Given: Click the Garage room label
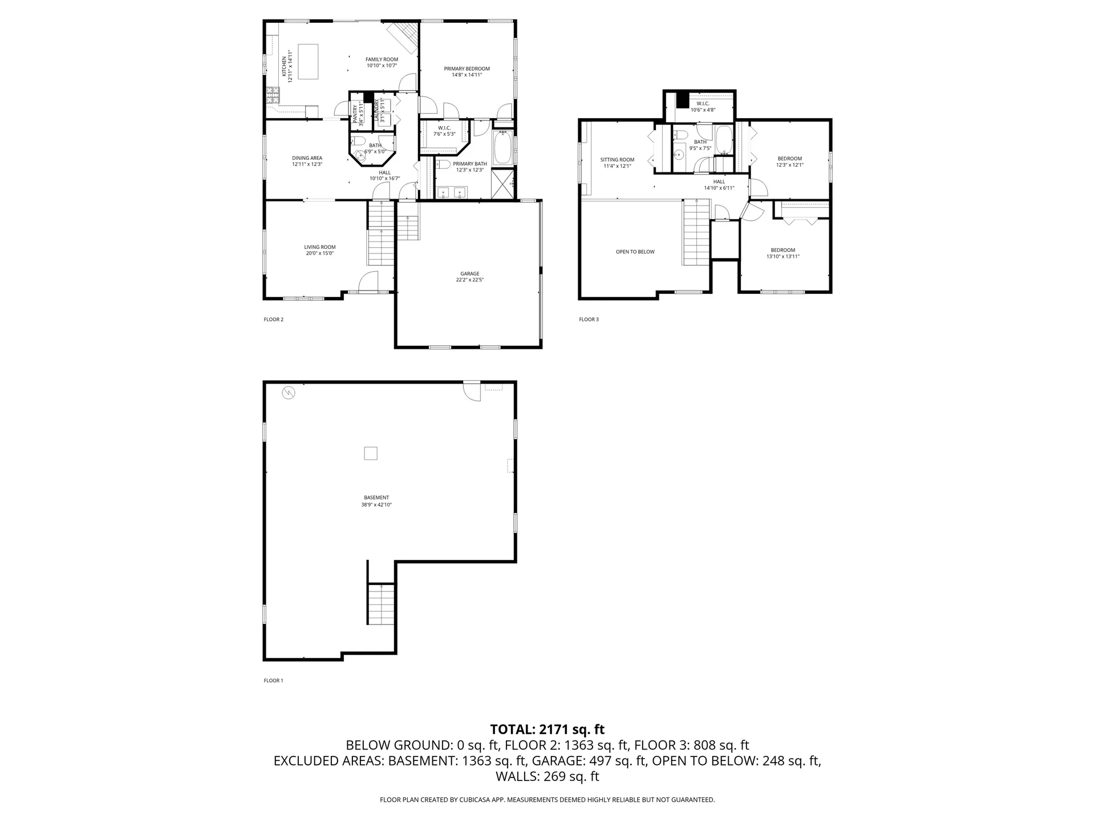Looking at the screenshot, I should pyautogui.click(x=470, y=273).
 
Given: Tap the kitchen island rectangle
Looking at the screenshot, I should pyautogui.click(x=309, y=62).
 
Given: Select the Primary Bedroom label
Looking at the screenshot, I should pyautogui.click(x=467, y=68).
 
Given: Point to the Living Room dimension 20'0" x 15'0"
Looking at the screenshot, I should pyautogui.click(x=319, y=253).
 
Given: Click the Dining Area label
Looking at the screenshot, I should pyautogui.click(x=307, y=158).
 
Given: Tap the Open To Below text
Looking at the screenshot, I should pyautogui.click(x=635, y=252).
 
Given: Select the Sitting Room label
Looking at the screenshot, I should pyautogui.click(x=617, y=160).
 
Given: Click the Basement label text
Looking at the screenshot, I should pyautogui.click(x=376, y=497).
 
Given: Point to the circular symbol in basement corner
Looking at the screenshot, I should pyautogui.click(x=289, y=393).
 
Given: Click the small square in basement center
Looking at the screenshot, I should pyautogui.click(x=371, y=453).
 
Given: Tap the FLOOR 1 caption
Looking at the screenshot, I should pyautogui.click(x=273, y=680).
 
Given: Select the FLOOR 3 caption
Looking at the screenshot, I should pyautogui.click(x=589, y=319).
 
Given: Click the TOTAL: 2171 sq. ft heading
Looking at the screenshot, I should pyautogui.click(x=547, y=729).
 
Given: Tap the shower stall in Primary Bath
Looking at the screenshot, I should pyautogui.click(x=502, y=184).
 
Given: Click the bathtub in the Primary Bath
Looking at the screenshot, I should pyautogui.click(x=503, y=148).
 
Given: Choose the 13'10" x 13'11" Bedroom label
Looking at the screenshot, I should pyautogui.click(x=782, y=250).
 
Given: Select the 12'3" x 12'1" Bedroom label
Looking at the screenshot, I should pyautogui.click(x=789, y=159).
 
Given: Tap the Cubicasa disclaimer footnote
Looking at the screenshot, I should pyautogui.click(x=547, y=800).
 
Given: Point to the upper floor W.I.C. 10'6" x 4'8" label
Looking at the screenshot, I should pyautogui.click(x=703, y=103).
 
